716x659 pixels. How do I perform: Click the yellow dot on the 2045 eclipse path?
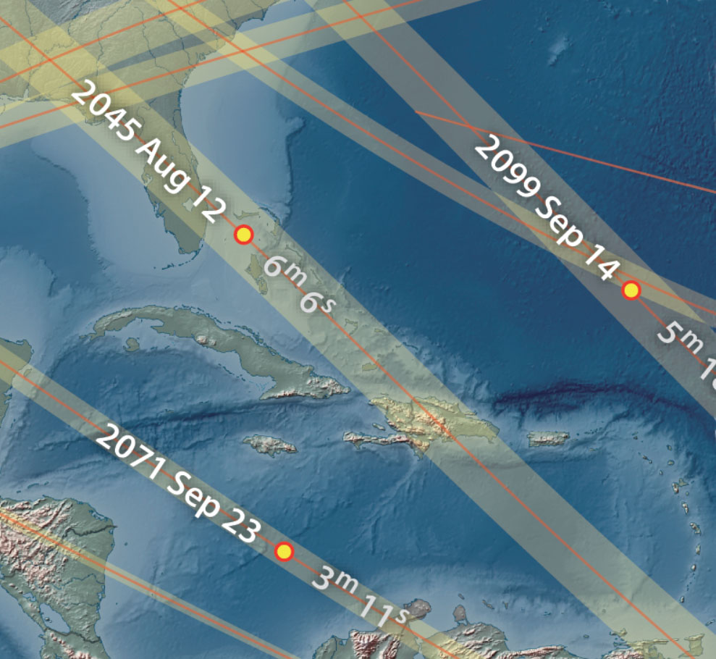(x=243, y=235)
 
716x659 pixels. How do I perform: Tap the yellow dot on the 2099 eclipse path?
(x=631, y=290)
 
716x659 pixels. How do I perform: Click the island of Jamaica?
(x=269, y=445)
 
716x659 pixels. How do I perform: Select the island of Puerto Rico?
(x=548, y=439)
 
